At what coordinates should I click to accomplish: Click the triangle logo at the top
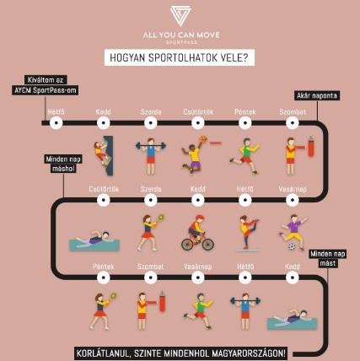click(180, 16)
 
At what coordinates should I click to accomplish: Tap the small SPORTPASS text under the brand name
click(181, 42)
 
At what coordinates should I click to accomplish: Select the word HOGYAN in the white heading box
click(127, 57)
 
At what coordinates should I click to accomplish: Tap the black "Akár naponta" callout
click(317, 95)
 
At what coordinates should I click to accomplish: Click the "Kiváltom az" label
click(45, 80)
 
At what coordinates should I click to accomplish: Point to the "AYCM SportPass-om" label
click(45, 90)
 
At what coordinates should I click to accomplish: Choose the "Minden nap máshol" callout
click(63, 164)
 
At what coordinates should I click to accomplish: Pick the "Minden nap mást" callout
click(328, 259)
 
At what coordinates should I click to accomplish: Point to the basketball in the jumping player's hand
click(203, 139)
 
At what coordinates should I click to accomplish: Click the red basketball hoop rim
click(216, 143)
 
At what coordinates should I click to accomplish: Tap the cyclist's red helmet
click(199, 218)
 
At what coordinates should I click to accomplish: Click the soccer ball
click(292, 246)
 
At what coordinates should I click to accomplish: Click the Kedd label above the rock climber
click(103, 112)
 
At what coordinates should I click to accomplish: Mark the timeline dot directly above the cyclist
click(198, 200)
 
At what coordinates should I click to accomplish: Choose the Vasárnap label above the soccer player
click(293, 189)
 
